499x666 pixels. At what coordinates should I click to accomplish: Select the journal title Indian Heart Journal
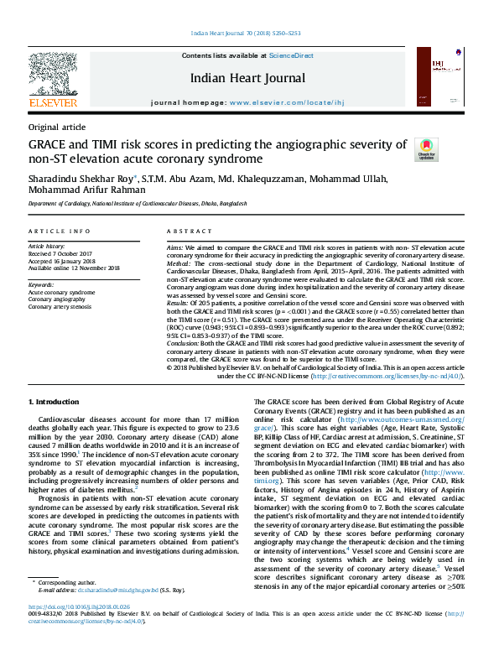(247, 79)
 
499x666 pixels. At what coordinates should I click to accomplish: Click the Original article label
(57, 127)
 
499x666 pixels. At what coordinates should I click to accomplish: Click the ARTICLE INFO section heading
(60, 230)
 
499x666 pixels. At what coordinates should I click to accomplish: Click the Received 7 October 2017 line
(62, 254)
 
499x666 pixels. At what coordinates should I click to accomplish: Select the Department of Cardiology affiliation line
(138, 204)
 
